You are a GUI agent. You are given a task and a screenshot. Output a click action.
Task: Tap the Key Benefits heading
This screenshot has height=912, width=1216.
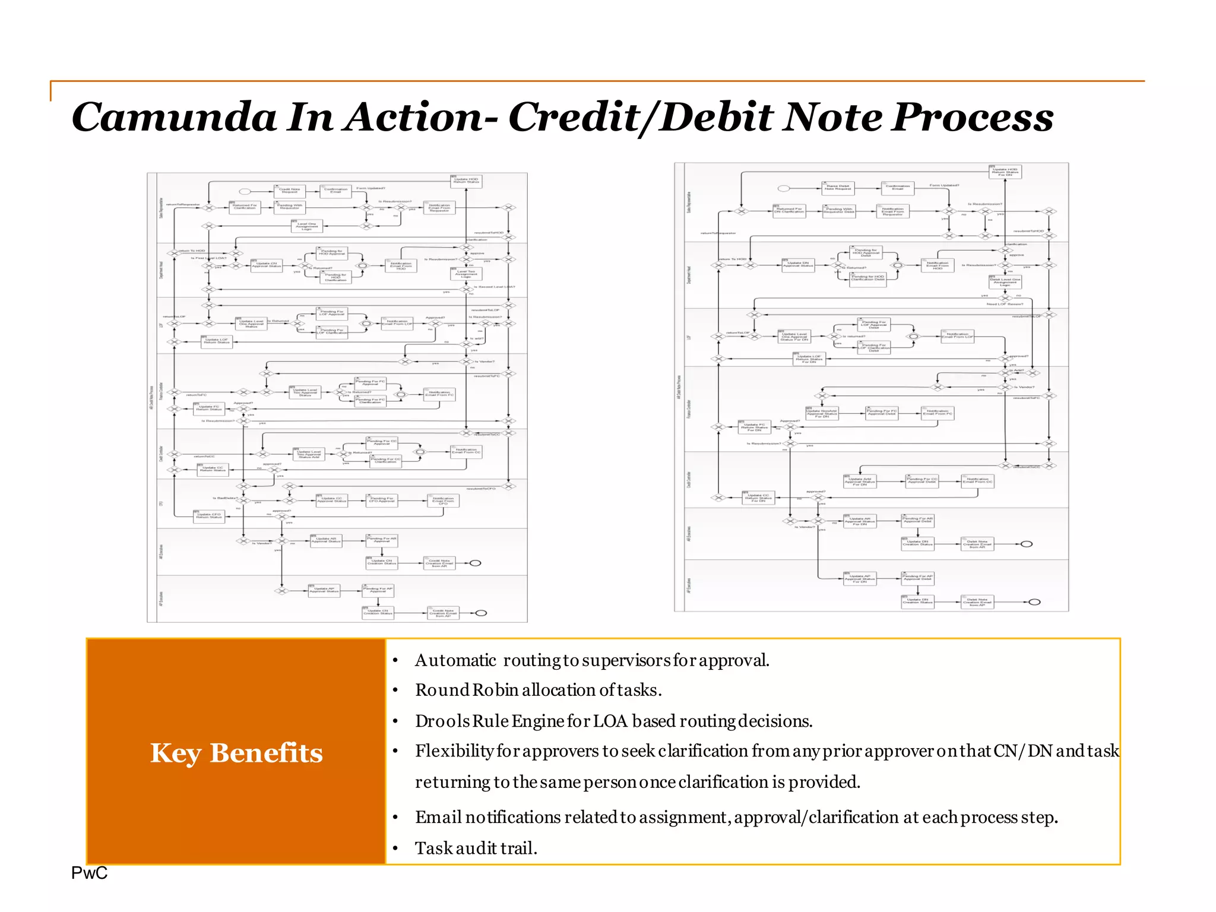[236, 753]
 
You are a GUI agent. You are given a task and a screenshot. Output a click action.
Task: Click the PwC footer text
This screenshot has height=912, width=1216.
[89, 873]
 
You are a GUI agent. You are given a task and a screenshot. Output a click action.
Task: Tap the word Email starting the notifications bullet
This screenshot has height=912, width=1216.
[438, 817]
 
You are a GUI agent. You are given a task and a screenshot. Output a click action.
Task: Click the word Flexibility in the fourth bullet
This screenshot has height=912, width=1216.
[454, 751]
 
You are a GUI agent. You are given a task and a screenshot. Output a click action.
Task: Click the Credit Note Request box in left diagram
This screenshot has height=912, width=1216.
[289, 191]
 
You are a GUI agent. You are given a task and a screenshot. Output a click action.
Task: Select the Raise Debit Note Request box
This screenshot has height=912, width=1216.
[837, 188]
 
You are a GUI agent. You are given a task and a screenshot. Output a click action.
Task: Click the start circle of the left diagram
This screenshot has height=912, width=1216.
[245, 191]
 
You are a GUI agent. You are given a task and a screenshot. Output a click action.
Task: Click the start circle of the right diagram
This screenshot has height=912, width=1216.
[784, 188]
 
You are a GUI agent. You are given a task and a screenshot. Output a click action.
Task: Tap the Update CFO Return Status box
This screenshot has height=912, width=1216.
[208, 516]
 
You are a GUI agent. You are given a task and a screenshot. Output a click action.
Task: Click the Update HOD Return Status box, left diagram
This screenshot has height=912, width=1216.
[466, 180]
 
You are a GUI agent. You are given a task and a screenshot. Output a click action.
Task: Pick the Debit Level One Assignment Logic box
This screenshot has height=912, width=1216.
[1005, 281]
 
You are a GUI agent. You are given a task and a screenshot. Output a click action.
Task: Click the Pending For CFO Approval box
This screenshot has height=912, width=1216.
[382, 501]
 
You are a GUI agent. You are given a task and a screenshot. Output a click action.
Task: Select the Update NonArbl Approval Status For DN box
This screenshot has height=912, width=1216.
[822, 413]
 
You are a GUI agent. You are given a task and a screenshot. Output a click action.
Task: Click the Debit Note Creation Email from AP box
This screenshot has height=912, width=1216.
[977, 603]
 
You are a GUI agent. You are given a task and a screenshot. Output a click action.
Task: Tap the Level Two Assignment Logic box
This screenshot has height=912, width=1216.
[466, 274]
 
